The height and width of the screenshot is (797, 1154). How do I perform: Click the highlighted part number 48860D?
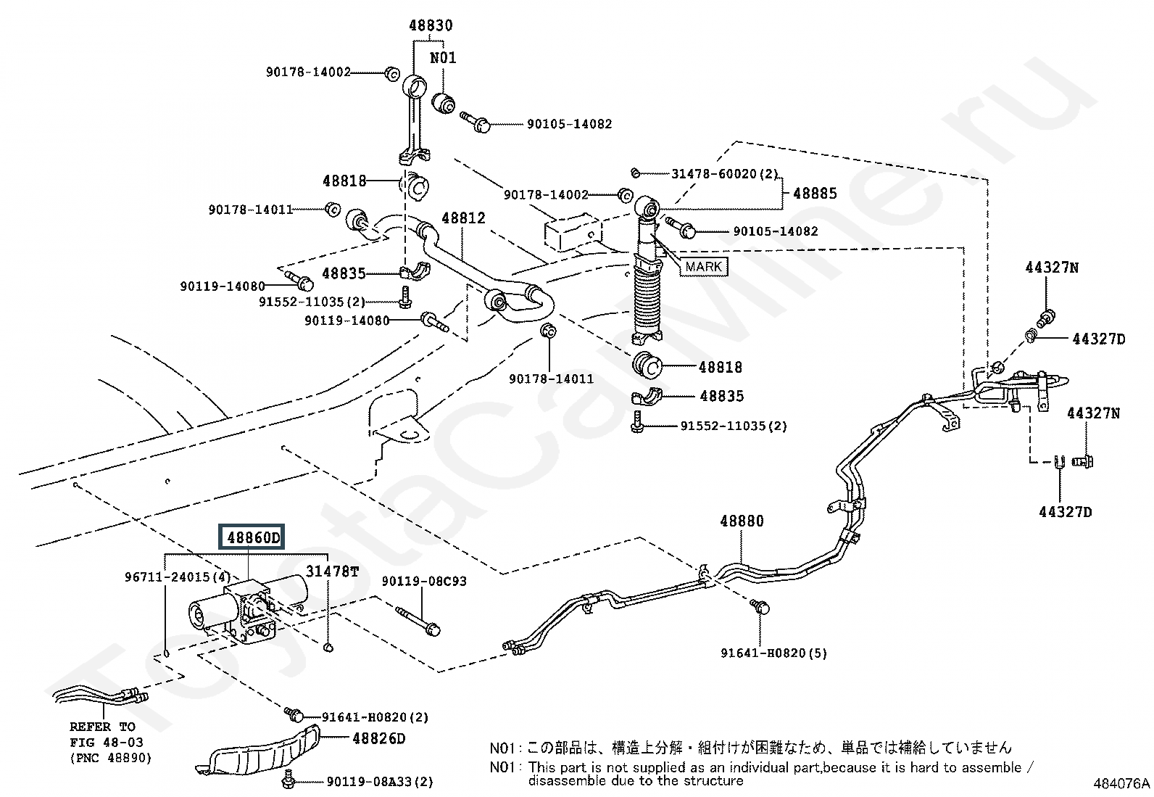coord(253,538)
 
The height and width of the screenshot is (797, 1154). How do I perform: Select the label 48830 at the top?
coord(430,25)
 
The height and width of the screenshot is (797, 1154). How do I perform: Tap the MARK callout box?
coord(703,266)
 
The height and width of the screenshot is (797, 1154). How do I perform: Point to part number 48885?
coord(815,194)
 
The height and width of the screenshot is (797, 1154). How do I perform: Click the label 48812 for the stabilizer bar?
coord(463,218)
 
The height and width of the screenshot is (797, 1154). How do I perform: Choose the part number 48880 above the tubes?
coord(742,521)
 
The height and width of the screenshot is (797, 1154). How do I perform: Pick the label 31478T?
coord(331,571)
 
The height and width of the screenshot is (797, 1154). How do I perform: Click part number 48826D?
coord(378,738)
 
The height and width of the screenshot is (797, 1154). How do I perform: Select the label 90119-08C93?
coord(424,582)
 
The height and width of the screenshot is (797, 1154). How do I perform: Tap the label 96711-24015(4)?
coord(177,577)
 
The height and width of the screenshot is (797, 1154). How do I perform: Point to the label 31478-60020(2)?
coord(724,174)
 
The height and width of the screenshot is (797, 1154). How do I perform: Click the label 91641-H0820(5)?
coord(773,653)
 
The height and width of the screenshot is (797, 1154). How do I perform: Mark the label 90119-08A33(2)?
coord(380,781)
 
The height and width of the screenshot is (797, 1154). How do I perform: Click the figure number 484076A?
coord(1121,783)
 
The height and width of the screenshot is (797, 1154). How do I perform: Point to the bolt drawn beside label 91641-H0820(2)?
coord(294,714)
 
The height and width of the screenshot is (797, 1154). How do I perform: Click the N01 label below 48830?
coord(443,57)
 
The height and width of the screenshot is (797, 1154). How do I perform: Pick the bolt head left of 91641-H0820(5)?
coord(760,608)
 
